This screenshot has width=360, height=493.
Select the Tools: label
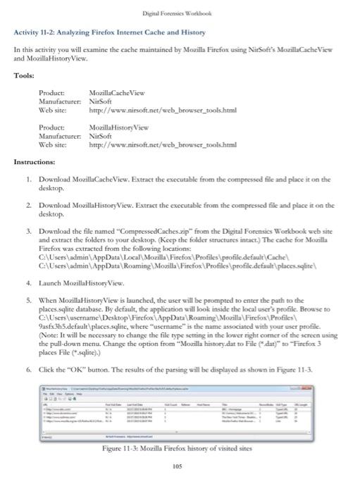click(25, 76)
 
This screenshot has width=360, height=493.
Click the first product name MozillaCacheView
click(116, 93)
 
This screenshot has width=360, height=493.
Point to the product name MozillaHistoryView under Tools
click(118, 127)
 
